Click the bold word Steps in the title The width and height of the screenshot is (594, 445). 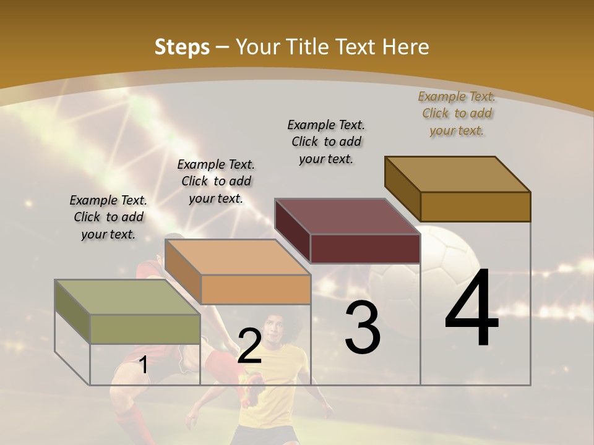(182, 47)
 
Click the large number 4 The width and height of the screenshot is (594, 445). (471, 309)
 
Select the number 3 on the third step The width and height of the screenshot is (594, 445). (362, 328)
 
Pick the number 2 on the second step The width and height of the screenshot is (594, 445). (249, 346)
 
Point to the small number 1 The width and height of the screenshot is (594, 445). (143, 365)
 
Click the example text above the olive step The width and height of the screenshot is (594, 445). (108, 217)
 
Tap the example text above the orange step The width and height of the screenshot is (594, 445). (216, 181)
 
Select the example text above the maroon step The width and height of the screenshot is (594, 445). (326, 142)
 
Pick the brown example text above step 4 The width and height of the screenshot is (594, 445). (457, 113)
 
